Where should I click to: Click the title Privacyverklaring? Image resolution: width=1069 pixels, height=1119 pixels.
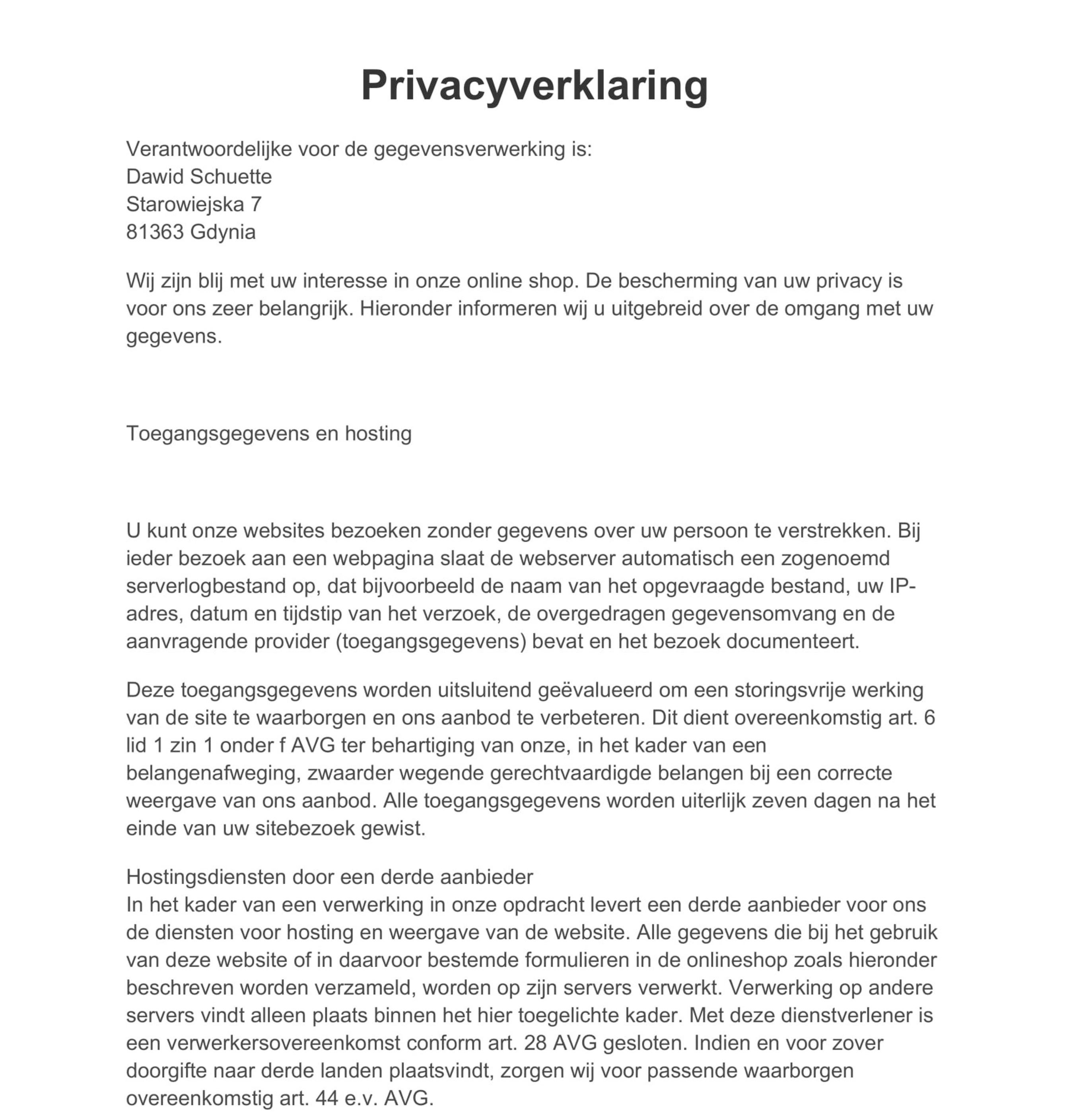[x=534, y=85]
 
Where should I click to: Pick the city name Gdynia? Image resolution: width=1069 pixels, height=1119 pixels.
[x=223, y=232]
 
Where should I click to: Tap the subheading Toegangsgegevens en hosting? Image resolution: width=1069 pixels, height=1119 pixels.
[x=268, y=433]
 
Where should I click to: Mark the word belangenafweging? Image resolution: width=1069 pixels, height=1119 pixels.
[x=213, y=773]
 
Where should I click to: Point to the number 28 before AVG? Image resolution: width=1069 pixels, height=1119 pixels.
[x=535, y=1043]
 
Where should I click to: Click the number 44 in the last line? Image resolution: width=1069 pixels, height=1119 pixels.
[x=327, y=1098]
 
